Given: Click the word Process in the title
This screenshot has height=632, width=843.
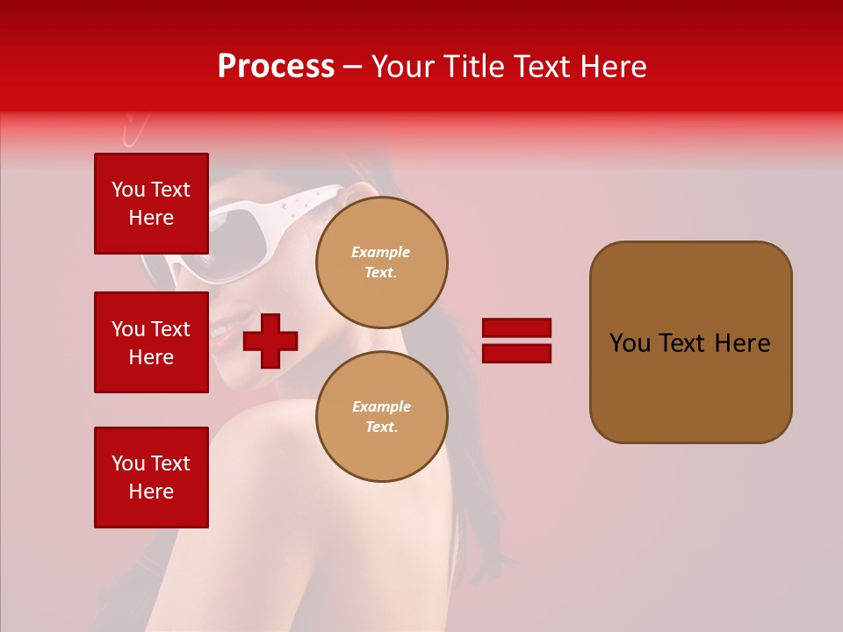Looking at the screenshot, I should tap(276, 67).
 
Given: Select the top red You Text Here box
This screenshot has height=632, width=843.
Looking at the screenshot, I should tap(151, 204).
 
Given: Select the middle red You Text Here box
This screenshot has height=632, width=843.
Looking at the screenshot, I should tap(151, 342).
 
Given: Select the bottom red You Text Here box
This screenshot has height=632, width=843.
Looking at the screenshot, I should tap(151, 478).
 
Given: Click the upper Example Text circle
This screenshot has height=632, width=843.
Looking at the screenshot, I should tap(381, 262).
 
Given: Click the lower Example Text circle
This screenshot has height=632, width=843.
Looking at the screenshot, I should tap(381, 417).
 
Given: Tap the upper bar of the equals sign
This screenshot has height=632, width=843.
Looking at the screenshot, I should tap(516, 327).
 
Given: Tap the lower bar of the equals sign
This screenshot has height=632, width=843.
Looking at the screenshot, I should tap(516, 353).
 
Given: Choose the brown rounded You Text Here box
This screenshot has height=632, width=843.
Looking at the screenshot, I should tap(690, 342).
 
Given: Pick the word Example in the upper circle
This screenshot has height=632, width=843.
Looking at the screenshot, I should tap(381, 252).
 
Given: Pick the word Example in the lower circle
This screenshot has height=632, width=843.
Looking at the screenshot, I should tap(381, 406).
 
